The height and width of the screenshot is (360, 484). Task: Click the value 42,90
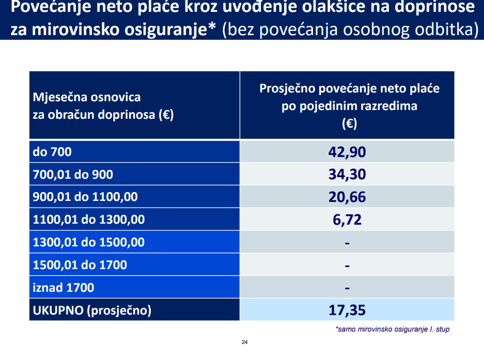[347, 152]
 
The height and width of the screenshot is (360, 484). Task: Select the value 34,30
[347, 175]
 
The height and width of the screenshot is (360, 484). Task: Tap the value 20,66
[347, 197]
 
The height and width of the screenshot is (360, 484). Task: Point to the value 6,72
[347, 220]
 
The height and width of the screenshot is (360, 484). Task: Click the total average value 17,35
[347, 310]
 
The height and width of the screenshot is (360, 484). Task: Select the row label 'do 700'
[52, 152]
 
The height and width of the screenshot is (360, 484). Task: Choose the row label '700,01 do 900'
[73, 175]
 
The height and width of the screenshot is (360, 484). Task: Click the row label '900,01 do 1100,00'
[85, 197]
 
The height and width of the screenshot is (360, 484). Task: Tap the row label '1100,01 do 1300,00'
[89, 220]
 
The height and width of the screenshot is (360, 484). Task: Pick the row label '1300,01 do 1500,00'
[89, 242]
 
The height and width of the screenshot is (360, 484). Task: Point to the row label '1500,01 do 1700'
[80, 265]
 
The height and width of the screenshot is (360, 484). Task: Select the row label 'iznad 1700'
[64, 288]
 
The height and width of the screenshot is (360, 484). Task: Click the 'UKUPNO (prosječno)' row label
[92, 310]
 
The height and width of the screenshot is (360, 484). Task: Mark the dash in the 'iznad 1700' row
[347, 288]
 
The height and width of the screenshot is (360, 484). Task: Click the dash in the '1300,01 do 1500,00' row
[347, 242]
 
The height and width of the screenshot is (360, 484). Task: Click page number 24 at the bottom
[245, 342]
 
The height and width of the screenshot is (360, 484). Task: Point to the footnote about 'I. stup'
[392, 329]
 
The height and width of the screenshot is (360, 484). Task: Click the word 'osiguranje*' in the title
[171, 29]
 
